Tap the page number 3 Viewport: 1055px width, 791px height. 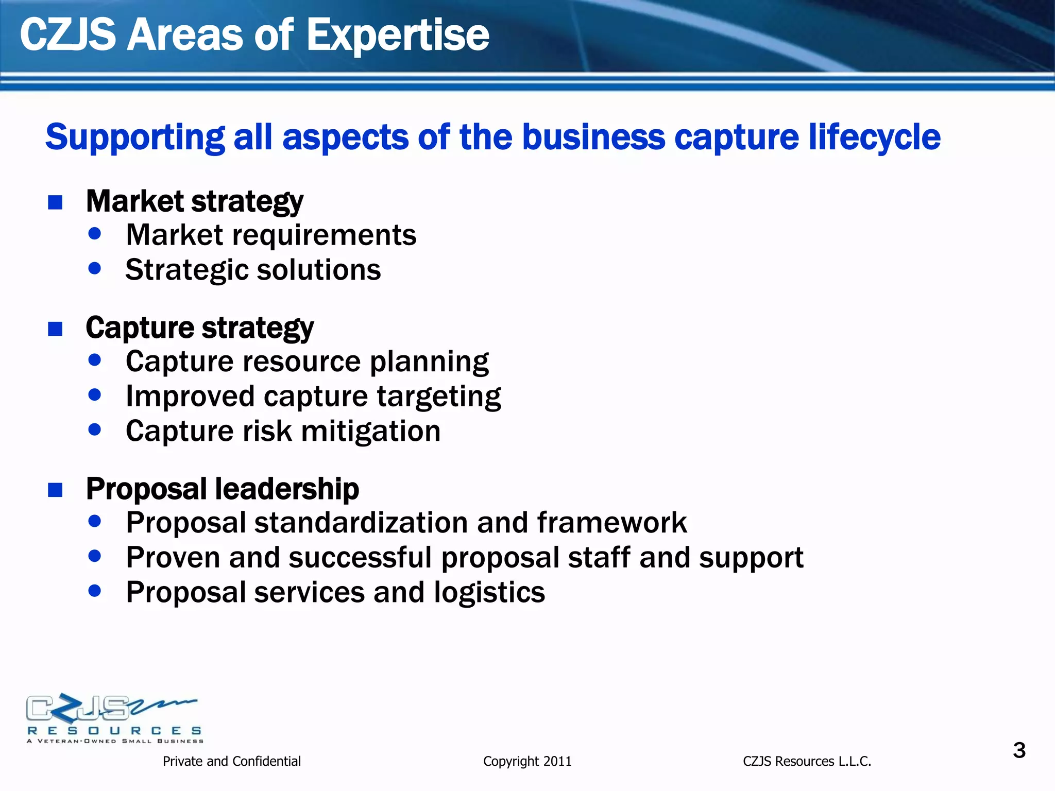[x=1019, y=750]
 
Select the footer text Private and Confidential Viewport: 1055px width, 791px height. [x=231, y=761]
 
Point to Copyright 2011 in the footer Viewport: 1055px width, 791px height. [x=527, y=761]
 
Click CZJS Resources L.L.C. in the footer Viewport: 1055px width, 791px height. [x=807, y=761]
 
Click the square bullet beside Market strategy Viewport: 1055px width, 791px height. [x=55, y=202]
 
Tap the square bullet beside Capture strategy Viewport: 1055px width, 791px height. [x=55, y=329]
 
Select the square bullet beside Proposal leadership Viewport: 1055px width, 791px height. [x=55, y=490]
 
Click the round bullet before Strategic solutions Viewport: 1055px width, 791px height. [x=94, y=268]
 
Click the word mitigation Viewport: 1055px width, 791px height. [x=371, y=431]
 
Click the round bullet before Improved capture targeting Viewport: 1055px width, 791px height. [x=94, y=395]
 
